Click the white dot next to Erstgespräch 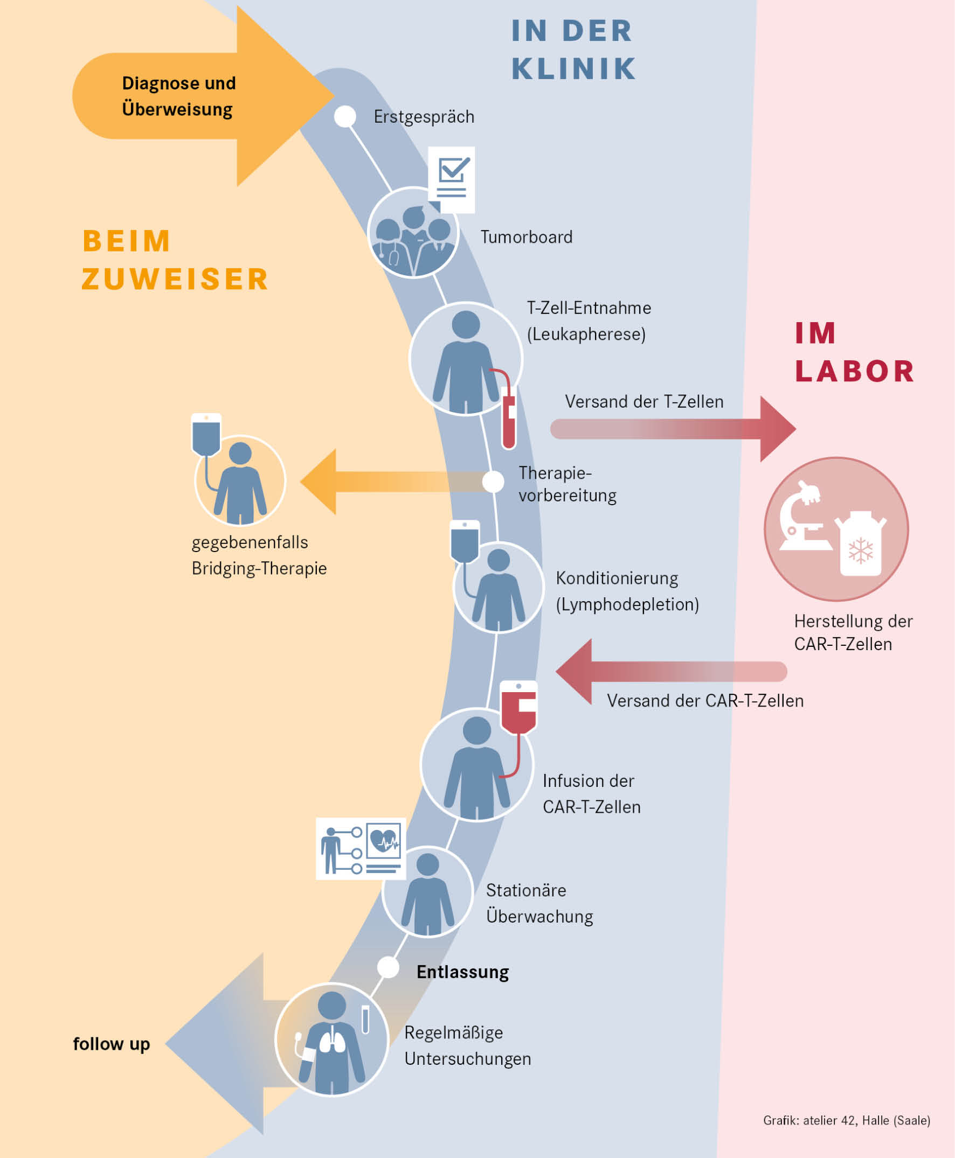(345, 116)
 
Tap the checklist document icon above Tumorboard (452, 179)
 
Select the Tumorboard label (526, 237)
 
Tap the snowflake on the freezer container (861, 550)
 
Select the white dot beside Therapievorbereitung (493, 482)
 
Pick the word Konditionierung (617, 578)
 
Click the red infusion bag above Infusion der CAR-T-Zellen (518, 707)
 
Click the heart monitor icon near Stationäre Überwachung (383, 841)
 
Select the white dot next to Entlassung (388, 968)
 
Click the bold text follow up (112, 1044)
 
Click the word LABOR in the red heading (854, 371)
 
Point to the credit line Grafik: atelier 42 (846, 1121)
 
